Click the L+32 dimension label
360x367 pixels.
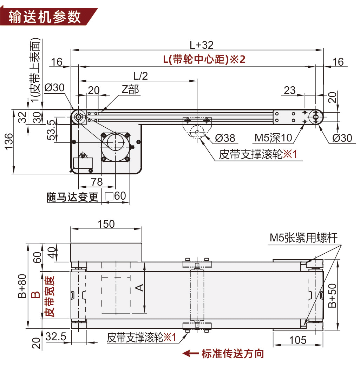click(202, 45)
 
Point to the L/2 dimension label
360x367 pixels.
click(140, 75)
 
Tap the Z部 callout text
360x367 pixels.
click(130, 89)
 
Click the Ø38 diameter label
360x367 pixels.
click(225, 138)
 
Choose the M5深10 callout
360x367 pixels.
click(273, 138)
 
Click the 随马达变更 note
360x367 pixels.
click(73, 197)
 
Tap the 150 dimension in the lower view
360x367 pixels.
click(106, 224)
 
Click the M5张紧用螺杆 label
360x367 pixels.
click(303, 238)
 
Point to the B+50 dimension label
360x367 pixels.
click(332, 295)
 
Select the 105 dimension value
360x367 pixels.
click(298, 340)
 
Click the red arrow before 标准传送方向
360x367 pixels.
click(191, 354)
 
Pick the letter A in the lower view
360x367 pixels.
click(139, 288)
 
